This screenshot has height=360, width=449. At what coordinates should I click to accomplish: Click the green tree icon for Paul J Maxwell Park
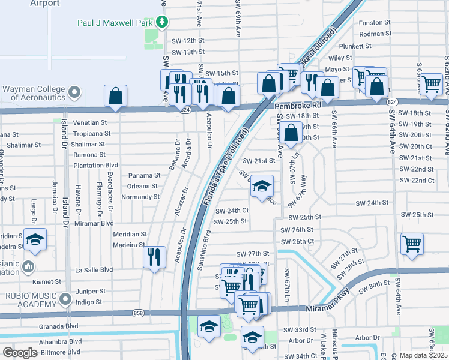(x=161, y=22)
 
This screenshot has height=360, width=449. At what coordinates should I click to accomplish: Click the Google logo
(x=20, y=353)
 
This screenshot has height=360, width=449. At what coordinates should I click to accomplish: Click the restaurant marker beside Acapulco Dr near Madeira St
(x=155, y=257)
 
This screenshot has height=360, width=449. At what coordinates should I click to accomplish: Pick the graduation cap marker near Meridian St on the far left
(x=35, y=239)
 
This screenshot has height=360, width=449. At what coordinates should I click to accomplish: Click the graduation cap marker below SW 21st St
(x=262, y=186)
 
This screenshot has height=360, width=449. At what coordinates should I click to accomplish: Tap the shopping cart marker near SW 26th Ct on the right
(x=412, y=244)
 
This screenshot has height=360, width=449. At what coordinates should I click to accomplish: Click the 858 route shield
(x=139, y=313)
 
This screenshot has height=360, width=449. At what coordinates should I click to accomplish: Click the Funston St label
(x=375, y=23)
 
